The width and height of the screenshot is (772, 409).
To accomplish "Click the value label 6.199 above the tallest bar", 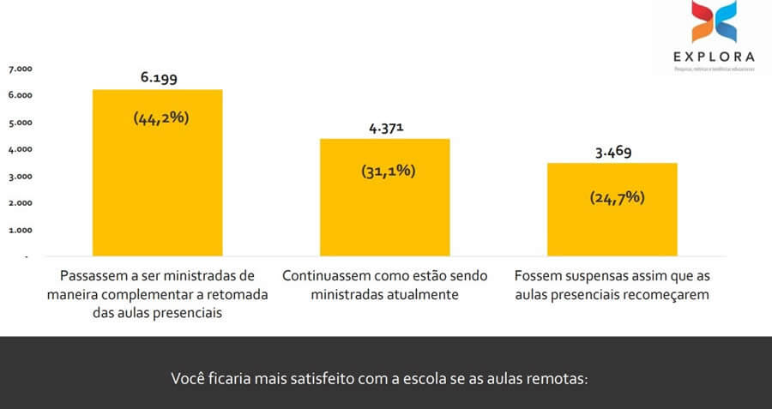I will click(160, 78).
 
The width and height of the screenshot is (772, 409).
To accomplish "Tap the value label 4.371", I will click(386, 128).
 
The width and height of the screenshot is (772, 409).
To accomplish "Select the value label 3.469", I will click(613, 153).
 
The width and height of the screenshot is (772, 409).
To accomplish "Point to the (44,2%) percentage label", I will click(160, 118).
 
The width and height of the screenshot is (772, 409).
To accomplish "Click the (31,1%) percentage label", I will click(388, 171).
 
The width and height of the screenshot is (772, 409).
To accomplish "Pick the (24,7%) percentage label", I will click(617, 197).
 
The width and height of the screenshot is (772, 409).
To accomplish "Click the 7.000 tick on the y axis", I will click(20, 69).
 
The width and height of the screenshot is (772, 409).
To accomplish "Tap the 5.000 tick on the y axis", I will click(20, 123).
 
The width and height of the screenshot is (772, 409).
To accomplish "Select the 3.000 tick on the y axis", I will click(20, 177).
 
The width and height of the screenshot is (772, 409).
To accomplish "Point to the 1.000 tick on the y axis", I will click(20, 231).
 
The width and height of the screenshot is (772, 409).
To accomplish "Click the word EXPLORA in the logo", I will click(714, 58).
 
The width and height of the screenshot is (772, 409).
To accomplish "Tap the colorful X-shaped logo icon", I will click(713, 24).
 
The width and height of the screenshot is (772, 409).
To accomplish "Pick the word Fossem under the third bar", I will click(538, 277).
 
